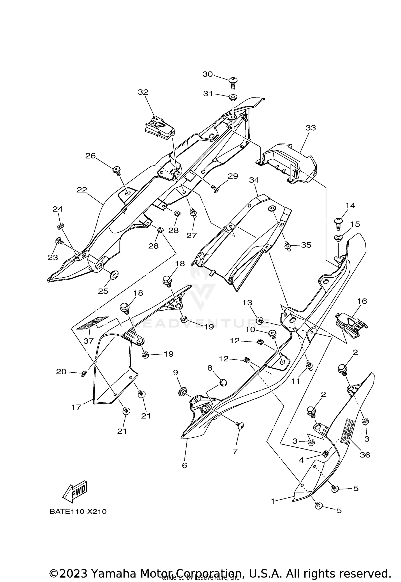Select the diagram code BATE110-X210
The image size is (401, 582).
[x=78, y=512]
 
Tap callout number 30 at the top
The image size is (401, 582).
[x=207, y=74]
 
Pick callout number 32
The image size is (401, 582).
[x=143, y=92]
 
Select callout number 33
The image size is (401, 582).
[x=311, y=128]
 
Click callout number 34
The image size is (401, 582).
[x=254, y=180]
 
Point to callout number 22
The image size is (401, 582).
[x=82, y=190]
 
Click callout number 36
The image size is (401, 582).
[x=365, y=455]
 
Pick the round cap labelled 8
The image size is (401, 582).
[x=223, y=383]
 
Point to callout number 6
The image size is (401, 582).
[x=184, y=465]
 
